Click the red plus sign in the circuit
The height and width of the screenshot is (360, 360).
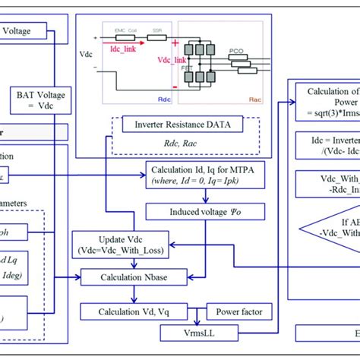pos(174,45)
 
